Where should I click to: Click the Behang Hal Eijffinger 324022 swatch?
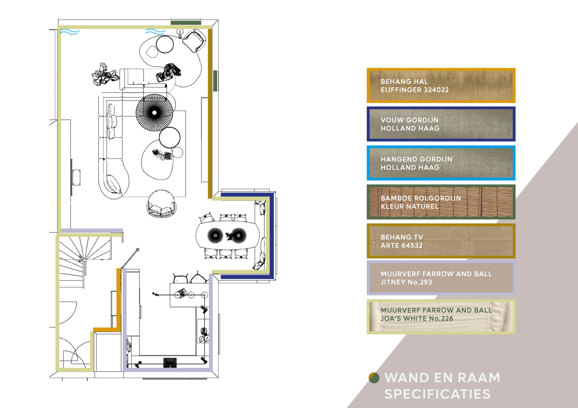(x=441, y=85)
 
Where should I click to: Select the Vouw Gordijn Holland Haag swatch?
(x=441, y=124)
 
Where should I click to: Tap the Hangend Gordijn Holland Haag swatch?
(x=441, y=163)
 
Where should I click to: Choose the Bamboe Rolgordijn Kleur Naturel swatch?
(x=441, y=202)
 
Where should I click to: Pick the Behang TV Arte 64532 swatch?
(x=441, y=241)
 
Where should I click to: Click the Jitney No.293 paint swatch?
(x=441, y=278)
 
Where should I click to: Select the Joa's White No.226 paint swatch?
(x=441, y=316)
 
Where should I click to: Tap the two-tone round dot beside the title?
(x=374, y=378)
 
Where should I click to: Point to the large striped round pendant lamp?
(x=154, y=113)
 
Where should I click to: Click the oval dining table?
(x=227, y=235)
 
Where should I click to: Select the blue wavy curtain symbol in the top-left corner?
(x=70, y=32)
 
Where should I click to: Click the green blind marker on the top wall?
(x=186, y=23)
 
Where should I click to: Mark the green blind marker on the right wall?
(x=215, y=81)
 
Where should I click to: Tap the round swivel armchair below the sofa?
(x=161, y=204)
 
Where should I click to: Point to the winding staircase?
(x=84, y=261)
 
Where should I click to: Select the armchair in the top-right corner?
(x=194, y=40)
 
